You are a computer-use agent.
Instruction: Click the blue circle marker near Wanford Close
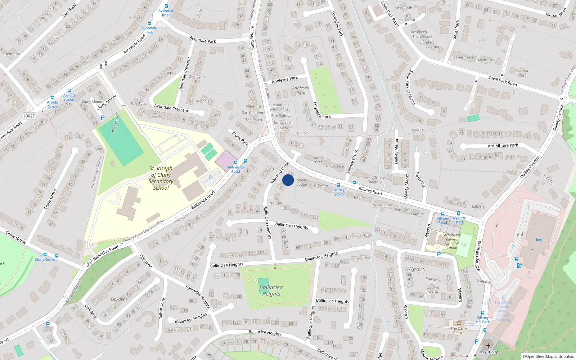tap(288, 180)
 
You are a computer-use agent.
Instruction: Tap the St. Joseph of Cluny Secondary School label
tap(161, 178)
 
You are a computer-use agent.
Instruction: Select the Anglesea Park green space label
tap(301, 90)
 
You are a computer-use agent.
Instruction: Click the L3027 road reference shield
tap(29, 116)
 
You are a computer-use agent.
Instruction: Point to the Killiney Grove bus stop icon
tap(338, 185)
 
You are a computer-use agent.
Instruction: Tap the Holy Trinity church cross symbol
tap(488, 346)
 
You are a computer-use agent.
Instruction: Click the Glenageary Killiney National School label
tap(451, 242)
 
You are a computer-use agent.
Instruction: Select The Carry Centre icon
tap(459, 323)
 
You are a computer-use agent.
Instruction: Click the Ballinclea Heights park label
tap(271, 291)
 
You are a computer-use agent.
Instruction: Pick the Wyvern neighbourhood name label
tap(417, 269)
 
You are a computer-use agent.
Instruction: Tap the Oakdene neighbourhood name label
tap(119, 299)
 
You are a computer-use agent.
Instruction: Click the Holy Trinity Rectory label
tap(375, 180)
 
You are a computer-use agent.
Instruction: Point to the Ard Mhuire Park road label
tap(503, 145)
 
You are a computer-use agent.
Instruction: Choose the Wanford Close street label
tap(280, 172)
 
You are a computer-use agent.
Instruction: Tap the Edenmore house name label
tap(12, 54)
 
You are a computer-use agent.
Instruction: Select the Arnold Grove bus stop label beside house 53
tap(69, 98)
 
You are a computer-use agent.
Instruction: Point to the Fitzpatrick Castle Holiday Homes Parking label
tap(503, 311)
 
